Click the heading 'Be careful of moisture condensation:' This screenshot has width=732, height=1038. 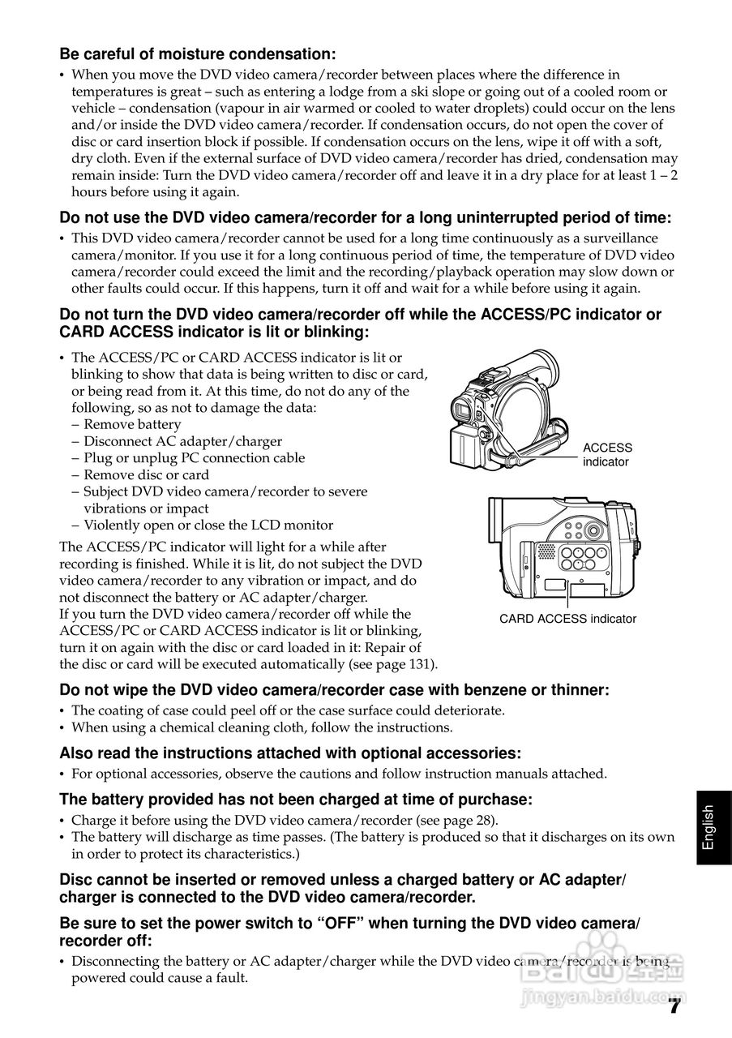coord(197,54)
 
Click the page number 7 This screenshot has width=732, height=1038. coord(674,1007)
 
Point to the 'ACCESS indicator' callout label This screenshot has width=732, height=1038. coord(607,455)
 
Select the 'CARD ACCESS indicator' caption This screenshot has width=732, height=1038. coord(567,619)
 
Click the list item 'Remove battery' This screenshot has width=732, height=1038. coord(132,424)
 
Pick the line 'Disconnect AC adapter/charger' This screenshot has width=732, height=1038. coord(182,441)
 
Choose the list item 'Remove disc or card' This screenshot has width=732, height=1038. coord(146,475)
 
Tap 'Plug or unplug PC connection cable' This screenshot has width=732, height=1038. coord(194,458)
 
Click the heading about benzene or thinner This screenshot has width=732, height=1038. coord(334,690)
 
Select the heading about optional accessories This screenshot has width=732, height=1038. coord(290,753)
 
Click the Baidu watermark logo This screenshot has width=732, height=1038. coord(640,965)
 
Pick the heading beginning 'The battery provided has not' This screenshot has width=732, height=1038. coord(296,800)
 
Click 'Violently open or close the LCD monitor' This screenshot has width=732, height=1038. coord(208,525)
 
